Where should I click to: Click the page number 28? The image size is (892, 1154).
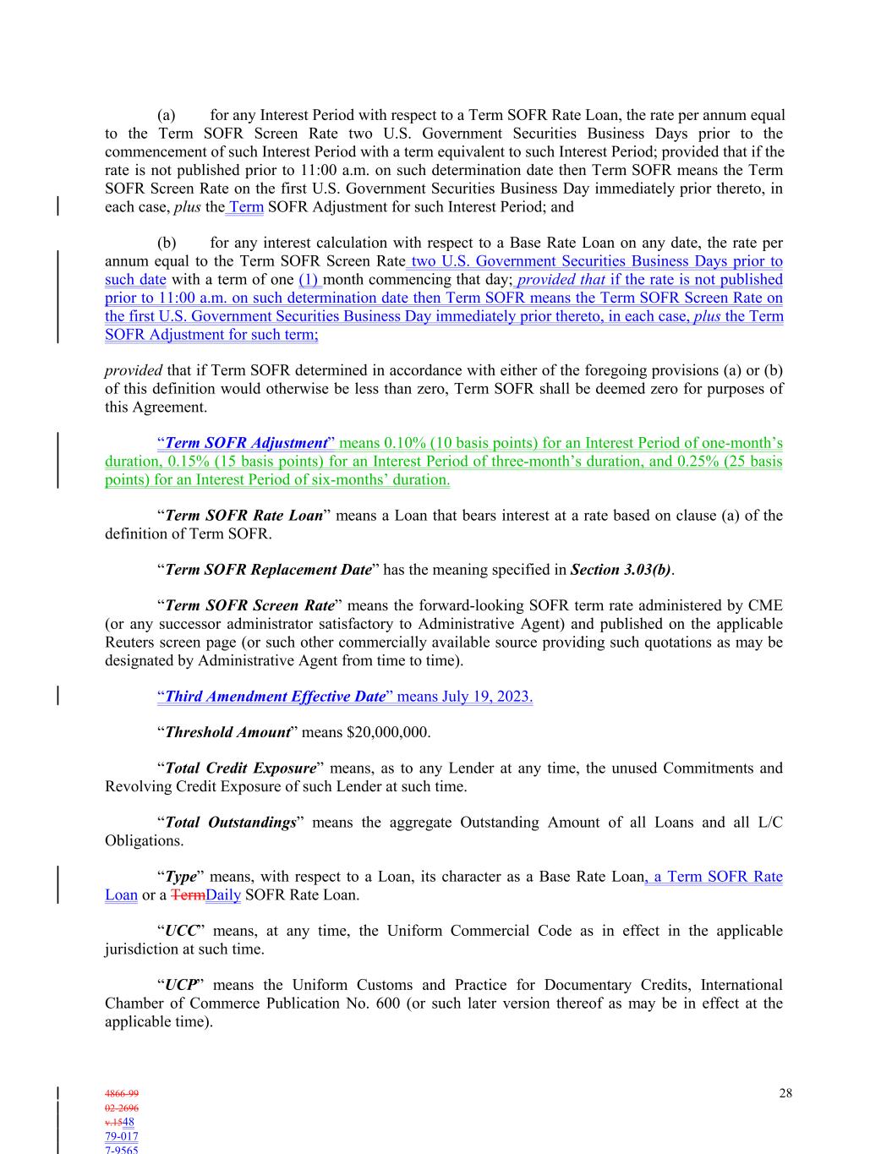(785, 1093)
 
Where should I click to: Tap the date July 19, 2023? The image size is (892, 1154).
(487, 697)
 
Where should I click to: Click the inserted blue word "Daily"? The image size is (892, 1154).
(223, 894)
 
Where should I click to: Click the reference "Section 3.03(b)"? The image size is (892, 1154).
(621, 570)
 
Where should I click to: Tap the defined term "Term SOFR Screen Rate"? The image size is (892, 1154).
(249, 605)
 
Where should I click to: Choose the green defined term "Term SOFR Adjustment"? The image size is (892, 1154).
(245, 443)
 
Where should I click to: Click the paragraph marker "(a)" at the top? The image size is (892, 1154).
(167, 115)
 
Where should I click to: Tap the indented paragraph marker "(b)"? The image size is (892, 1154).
(167, 243)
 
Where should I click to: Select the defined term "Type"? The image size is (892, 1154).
(180, 877)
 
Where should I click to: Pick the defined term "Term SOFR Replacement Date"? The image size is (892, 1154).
(268, 570)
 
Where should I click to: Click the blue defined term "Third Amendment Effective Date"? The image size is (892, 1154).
(275, 697)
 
